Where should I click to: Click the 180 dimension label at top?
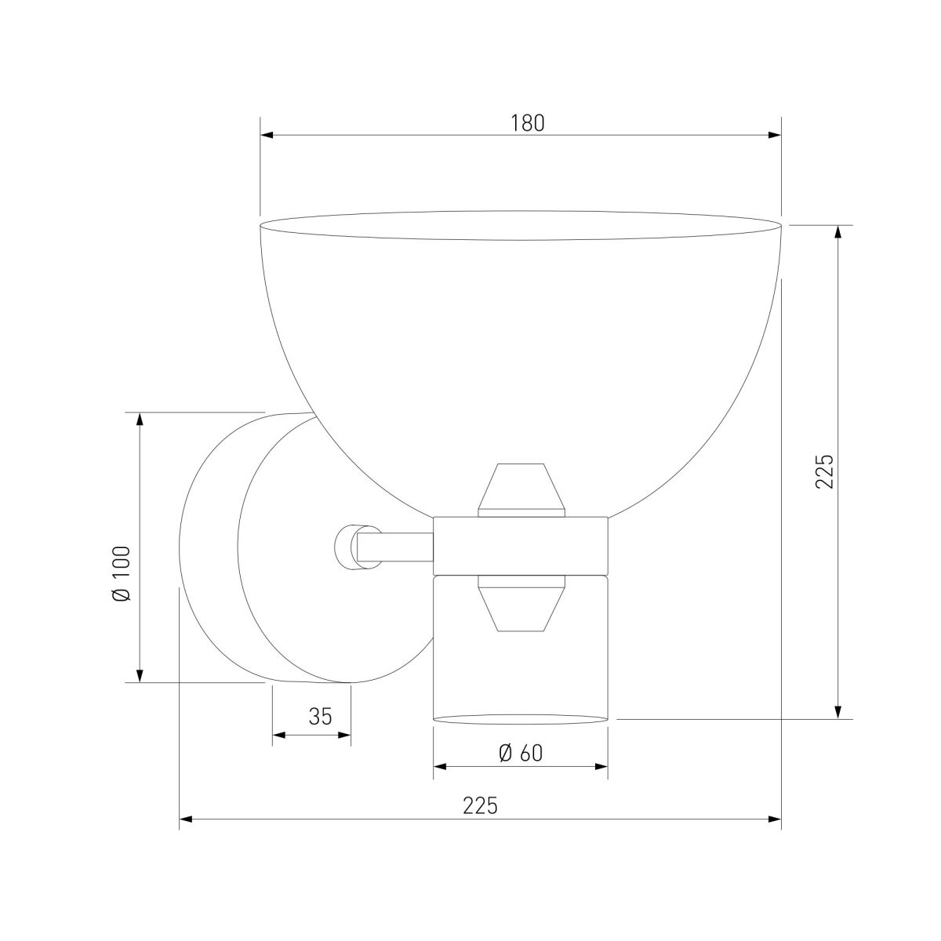[x=527, y=123]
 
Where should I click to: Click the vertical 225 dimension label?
[x=823, y=471]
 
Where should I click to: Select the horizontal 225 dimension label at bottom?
[x=480, y=805]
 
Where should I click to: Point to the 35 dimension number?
[x=320, y=716]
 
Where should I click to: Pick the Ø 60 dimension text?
[x=520, y=752]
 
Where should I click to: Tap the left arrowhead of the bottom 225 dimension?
[x=186, y=820]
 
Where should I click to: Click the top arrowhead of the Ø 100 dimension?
[x=140, y=419]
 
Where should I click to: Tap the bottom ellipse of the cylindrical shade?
[x=521, y=717]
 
